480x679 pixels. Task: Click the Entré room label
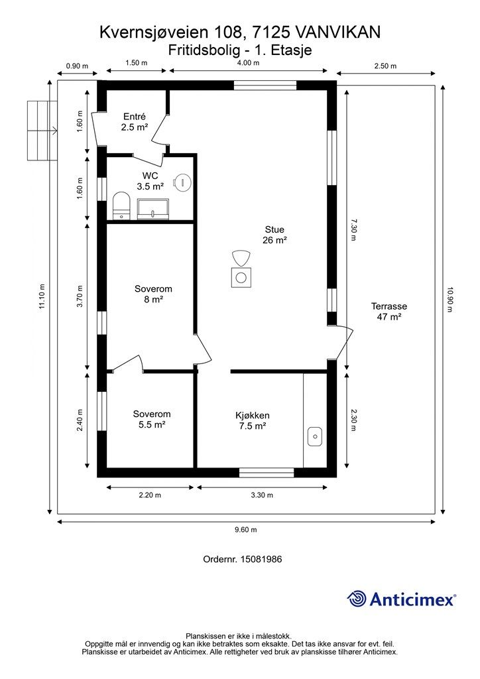pos(135,122)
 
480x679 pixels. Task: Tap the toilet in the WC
pos(121,206)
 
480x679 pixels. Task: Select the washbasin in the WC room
pos(153,209)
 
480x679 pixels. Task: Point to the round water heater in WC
pos(182,182)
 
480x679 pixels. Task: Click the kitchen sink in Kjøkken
pos(315,436)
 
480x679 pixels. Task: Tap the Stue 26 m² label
pos(275,235)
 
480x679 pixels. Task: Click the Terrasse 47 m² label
pos(389,312)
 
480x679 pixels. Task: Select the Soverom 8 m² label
pos(153,294)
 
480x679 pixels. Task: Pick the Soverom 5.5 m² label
pos(152,419)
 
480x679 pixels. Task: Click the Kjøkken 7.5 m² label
pos(253,420)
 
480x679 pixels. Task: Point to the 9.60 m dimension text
pos(246,529)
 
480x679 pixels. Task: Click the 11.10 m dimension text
pos(42,296)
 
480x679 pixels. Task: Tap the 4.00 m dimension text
pos(249,63)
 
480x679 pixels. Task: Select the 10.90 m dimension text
pos(450,300)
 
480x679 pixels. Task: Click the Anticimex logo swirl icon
pos(357,599)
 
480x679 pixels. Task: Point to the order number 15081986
pos(261,559)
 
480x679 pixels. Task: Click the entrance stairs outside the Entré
pos(42,131)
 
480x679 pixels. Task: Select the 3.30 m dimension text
pos(262,495)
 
